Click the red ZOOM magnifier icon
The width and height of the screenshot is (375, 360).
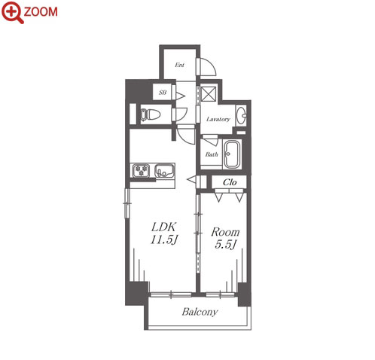click(12, 12)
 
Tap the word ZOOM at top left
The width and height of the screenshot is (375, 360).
click(41, 12)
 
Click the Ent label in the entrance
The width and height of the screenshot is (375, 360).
click(179, 65)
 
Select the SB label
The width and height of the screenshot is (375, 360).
click(163, 93)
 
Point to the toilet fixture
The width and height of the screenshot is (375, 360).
click(150, 114)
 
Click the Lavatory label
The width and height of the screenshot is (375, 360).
click(218, 119)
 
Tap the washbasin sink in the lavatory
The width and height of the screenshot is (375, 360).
click(241, 115)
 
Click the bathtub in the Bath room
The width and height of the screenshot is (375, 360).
click(232, 154)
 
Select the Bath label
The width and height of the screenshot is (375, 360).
click(212, 154)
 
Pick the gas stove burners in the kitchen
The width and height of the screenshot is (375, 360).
click(141, 170)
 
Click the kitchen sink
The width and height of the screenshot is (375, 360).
click(164, 171)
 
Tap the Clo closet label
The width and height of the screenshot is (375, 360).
click(230, 182)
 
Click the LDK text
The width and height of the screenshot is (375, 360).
click(163, 227)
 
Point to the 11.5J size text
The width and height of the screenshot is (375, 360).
click(164, 240)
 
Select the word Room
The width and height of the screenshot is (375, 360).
click(225, 232)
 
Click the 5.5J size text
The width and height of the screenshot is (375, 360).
click(225, 244)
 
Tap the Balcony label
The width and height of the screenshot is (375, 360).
click(200, 312)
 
